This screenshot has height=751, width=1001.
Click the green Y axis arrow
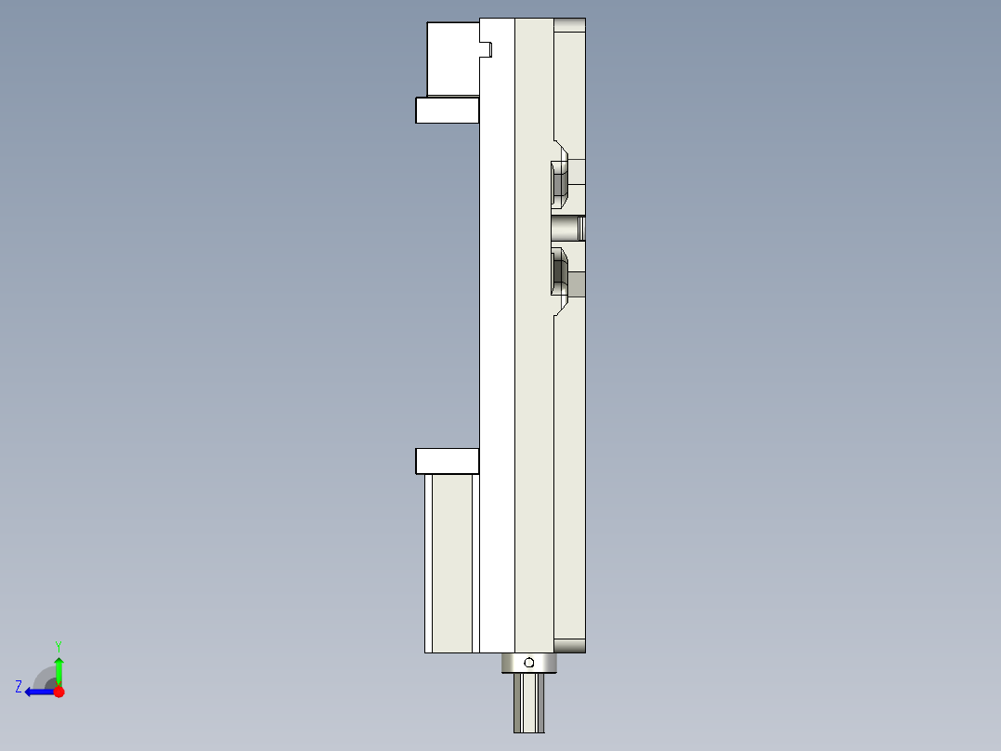tap(58, 669)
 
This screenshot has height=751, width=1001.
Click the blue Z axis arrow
tap(37, 692)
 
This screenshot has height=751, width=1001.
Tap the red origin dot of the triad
tap(58, 692)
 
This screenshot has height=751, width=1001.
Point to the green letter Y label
tap(58, 645)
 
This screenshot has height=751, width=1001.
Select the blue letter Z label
tap(19, 686)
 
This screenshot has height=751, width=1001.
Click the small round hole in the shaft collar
tap(528, 663)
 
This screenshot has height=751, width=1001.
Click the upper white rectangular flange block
tap(447, 111)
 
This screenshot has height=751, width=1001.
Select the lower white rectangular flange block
tap(447, 461)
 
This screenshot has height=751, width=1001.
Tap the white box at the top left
tap(452, 59)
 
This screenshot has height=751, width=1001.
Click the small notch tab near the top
tap(485, 48)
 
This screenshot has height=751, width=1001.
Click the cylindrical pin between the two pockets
tap(567, 228)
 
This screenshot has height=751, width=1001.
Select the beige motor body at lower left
tap(452, 562)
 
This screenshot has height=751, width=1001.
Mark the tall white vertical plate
tap(497, 335)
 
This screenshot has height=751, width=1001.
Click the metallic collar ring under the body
tap(528, 663)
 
